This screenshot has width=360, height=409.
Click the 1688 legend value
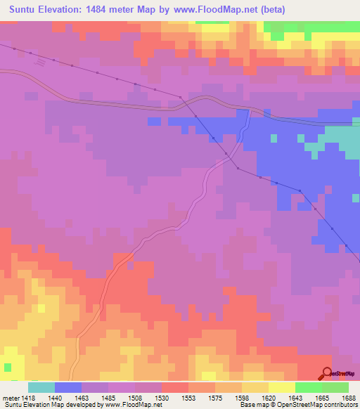tap(348, 398)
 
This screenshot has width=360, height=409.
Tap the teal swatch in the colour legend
tap(41, 387)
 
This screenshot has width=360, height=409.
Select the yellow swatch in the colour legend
tap(281, 387)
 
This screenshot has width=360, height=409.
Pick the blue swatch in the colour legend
tap(68, 387)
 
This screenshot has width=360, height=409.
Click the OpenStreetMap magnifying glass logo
tap(327, 374)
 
